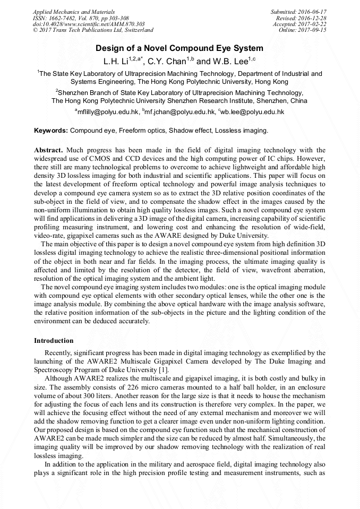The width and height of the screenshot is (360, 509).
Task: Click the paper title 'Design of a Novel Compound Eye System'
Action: point(179,48)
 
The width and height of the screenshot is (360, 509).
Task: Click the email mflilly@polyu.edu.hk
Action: point(108,112)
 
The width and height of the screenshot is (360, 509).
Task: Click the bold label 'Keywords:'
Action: point(51,130)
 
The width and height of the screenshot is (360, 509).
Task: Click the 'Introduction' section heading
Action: point(54,340)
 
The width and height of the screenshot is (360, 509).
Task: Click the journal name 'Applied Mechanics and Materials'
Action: point(74,12)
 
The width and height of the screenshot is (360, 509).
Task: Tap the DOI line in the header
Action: point(89,24)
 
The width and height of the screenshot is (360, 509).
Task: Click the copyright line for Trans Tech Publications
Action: point(93,30)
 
